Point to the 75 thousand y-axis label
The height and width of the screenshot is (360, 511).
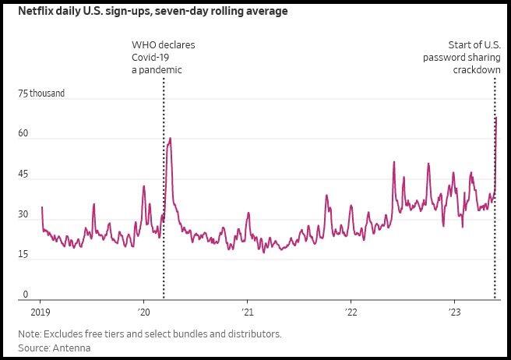click(x=41, y=94)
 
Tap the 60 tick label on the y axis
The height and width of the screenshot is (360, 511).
click(x=24, y=134)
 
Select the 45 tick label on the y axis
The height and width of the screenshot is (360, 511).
click(x=24, y=175)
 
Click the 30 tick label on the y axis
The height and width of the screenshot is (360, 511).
click(x=24, y=214)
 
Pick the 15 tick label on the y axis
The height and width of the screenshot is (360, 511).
click(x=24, y=255)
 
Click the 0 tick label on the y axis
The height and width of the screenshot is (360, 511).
click(x=25, y=295)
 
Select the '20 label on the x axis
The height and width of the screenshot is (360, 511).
click(x=143, y=312)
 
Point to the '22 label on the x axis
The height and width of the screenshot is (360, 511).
click(x=351, y=312)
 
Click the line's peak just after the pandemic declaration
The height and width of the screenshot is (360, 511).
click(x=170, y=138)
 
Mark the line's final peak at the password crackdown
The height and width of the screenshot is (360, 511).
click(x=495, y=118)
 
